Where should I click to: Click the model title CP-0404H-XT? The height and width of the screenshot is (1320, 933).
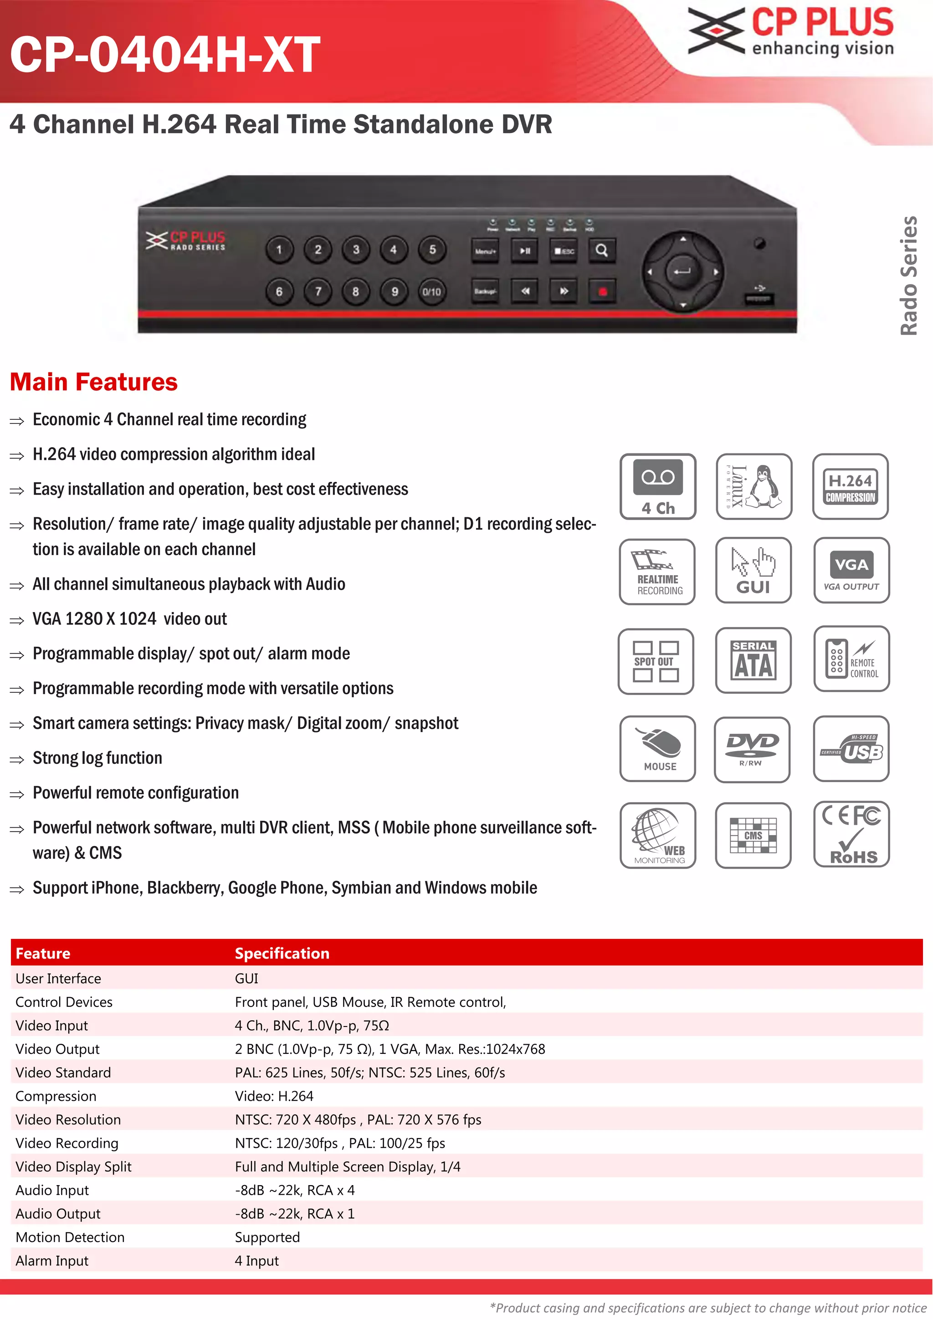click(x=165, y=55)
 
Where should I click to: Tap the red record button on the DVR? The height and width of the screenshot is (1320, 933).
click(x=602, y=291)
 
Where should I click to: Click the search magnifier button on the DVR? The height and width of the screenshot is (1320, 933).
click(x=601, y=251)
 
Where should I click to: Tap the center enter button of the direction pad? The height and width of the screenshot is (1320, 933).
click(x=682, y=271)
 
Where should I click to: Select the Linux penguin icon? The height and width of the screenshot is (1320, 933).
click(x=754, y=486)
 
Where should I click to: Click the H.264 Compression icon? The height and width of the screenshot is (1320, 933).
click(x=850, y=486)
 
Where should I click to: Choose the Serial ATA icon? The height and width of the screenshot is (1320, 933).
click(x=753, y=660)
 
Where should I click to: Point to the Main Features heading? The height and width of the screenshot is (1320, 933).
click(x=94, y=382)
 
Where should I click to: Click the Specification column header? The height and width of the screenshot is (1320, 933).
click(x=282, y=953)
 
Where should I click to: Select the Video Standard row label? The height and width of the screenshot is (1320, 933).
click(x=63, y=1072)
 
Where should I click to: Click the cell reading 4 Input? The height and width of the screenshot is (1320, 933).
click(x=257, y=1260)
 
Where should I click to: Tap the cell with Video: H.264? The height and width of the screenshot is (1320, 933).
click(x=274, y=1096)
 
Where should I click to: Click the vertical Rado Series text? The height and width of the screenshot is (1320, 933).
click(x=908, y=275)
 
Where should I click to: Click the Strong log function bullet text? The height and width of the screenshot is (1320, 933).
click(x=97, y=758)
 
